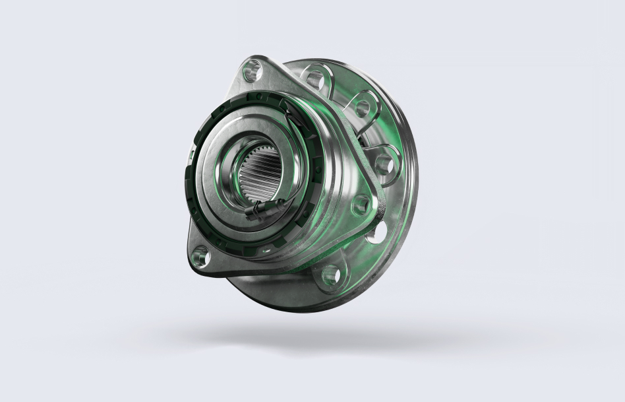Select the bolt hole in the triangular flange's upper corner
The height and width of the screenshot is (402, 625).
point(252,69)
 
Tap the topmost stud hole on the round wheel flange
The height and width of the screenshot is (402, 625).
point(318,77)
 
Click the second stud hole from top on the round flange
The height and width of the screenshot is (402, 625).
point(363,107)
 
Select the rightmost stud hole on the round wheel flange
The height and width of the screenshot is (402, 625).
point(384,162)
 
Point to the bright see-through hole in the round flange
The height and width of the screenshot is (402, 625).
point(376,232)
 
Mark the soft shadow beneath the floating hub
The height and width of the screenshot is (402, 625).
point(330,340)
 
